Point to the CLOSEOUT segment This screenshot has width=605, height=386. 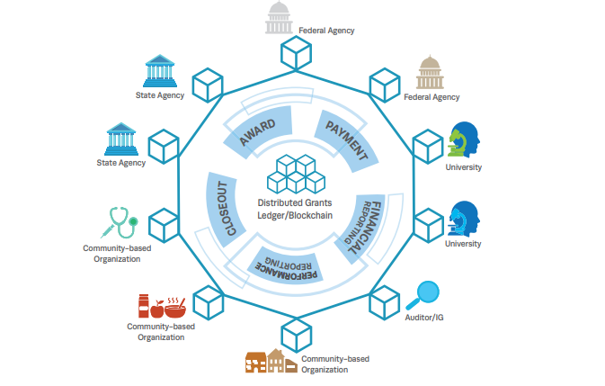tap(219, 206)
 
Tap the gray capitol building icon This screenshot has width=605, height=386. tap(280, 18)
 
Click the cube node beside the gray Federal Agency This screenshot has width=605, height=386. tap(296, 57)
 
